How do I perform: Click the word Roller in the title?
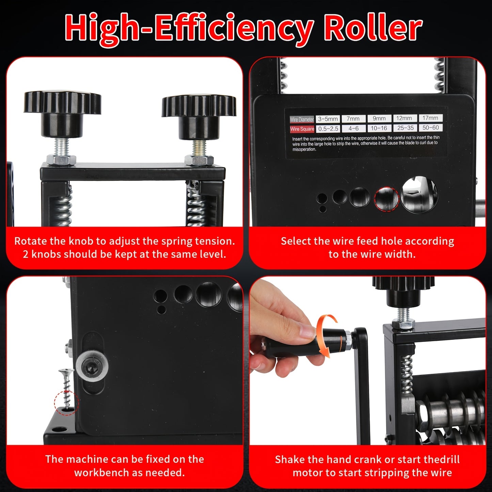click(x=373, y=28)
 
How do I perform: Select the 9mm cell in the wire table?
click(x=379, y=118)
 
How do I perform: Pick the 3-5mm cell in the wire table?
click(x=328, y=119)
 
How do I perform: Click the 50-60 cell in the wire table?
click(x=430, y=127)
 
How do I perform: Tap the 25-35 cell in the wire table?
click(x=405, y=128)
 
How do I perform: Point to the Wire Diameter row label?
click(x=302, y=119)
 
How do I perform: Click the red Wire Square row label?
click(x=302, y=129)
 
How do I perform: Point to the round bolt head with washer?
click(x=92, y=367)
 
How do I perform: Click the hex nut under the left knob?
click(x=61, y=160)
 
